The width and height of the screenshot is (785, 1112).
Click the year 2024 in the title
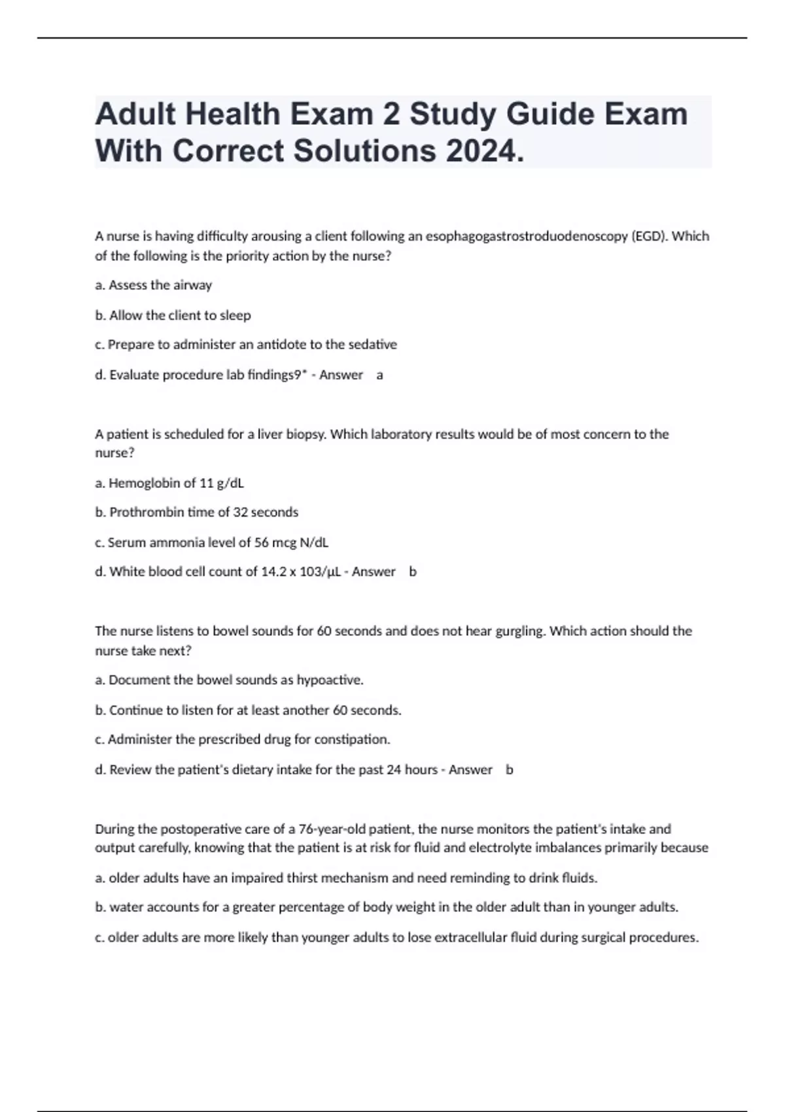[485, 151]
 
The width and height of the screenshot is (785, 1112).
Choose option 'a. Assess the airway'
[154, 285]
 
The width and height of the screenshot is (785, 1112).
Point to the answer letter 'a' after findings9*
[380, 375]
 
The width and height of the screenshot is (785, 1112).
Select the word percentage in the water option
[311, 907]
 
